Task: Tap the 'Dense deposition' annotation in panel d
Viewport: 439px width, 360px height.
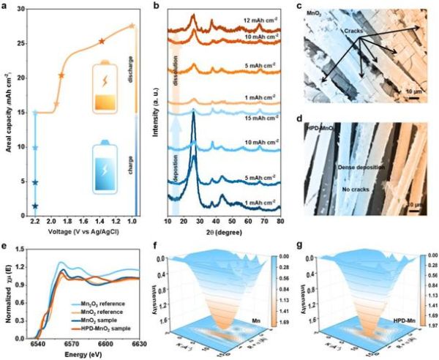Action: click(x=364, y=167)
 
